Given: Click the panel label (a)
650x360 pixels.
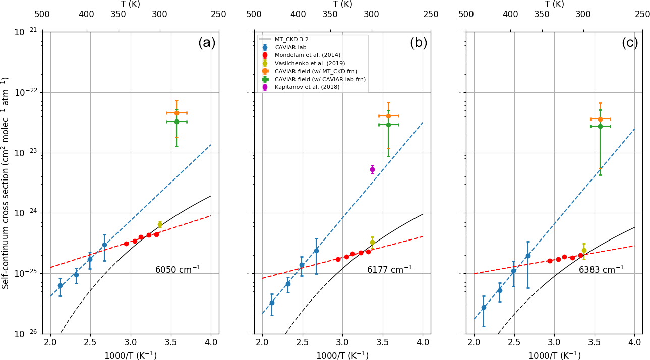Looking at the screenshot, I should pos(206,43).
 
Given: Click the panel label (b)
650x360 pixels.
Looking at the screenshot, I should pos(418,43).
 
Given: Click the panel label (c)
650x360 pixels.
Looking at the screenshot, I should pos(630,43).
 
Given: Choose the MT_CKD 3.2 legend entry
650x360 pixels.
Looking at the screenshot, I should pos(291,39).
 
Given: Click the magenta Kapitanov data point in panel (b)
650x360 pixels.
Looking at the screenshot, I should pos(372,169).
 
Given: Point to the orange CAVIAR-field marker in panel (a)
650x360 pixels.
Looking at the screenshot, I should pos(176,113).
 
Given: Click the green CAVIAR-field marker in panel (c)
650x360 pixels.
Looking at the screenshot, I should pos(600,126).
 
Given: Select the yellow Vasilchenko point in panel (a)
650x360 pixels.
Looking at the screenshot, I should pos(160,224).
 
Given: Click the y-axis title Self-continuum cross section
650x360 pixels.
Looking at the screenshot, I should pos(6,183).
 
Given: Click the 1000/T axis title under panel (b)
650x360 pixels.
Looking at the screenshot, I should pos(342,355).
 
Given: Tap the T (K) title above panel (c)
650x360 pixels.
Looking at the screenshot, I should pos(554,4).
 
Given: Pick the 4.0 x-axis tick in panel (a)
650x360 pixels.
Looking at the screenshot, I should pos(211,343).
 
